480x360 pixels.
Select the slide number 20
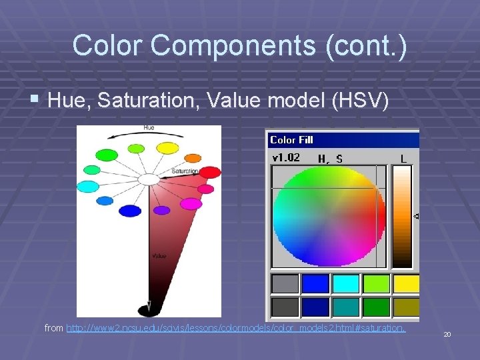(x=447, y=334)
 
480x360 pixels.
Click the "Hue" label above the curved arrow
(x=149, y=127)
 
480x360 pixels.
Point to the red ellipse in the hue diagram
(x=210, y=173)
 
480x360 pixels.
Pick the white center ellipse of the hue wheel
(x=149, y=179)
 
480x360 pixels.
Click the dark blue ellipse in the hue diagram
(x=129, y=211)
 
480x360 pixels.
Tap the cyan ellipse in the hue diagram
(x=87, y=187)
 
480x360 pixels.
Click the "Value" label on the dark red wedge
(x=159, y=255)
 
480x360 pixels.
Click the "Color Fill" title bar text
(x=291, y=140)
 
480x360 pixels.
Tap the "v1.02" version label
(x=286, y=158)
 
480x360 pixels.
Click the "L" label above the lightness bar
(x=403, y=159)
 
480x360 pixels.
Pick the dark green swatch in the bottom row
(x=377, y=307)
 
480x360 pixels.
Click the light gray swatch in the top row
(x=285, y=284)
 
